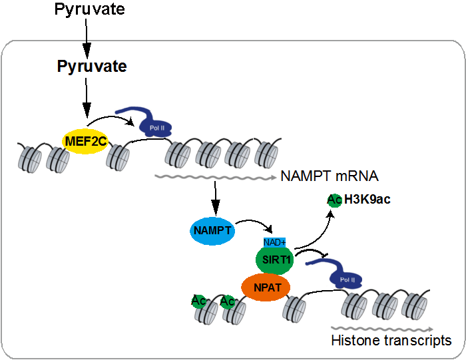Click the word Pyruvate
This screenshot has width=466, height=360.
point(92,67)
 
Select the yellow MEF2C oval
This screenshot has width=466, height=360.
point(86,141)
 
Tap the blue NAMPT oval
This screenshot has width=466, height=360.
point(212,230)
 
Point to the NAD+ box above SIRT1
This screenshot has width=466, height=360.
point(275,242)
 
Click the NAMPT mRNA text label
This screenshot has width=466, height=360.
point(330,176)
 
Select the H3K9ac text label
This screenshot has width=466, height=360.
point(367,200)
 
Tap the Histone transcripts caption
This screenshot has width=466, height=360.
point(391,341)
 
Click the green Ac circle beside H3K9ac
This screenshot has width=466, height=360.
point(335,200)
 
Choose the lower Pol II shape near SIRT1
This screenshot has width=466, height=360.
point(340,274)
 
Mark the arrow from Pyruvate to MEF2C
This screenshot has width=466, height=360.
point(86,100)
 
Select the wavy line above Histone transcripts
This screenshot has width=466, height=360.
point(383,328)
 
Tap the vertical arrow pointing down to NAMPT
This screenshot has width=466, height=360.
point(214,196)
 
